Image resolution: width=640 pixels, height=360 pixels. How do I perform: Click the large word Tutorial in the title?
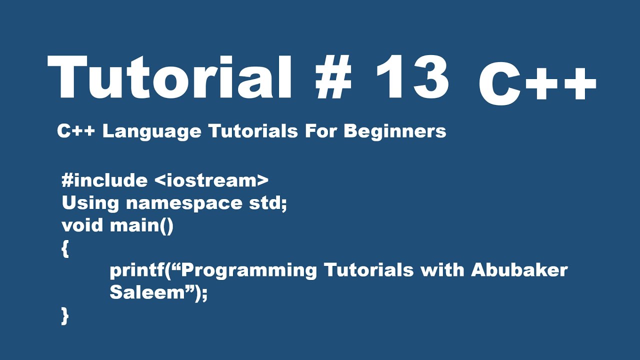point(170,77)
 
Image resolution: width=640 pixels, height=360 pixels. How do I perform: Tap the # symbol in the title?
point(333,77)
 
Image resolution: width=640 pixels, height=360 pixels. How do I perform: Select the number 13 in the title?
point(411,77)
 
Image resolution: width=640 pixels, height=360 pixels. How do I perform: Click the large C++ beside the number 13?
point(537,87)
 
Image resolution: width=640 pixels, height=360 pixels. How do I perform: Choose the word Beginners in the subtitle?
point(394,131)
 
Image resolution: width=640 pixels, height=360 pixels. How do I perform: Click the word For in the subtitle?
point(320,131)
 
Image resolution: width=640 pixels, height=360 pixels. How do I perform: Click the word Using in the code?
point(90,203)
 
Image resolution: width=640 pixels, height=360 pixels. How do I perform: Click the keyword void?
point(83,225)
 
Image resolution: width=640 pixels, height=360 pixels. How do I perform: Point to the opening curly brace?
point(65,248)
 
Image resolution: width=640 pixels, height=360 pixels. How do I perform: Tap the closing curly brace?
point(65,316)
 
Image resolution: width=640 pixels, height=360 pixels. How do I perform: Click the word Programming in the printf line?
point(247,270)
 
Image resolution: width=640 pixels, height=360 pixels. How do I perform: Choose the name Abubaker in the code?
point(519,270)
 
